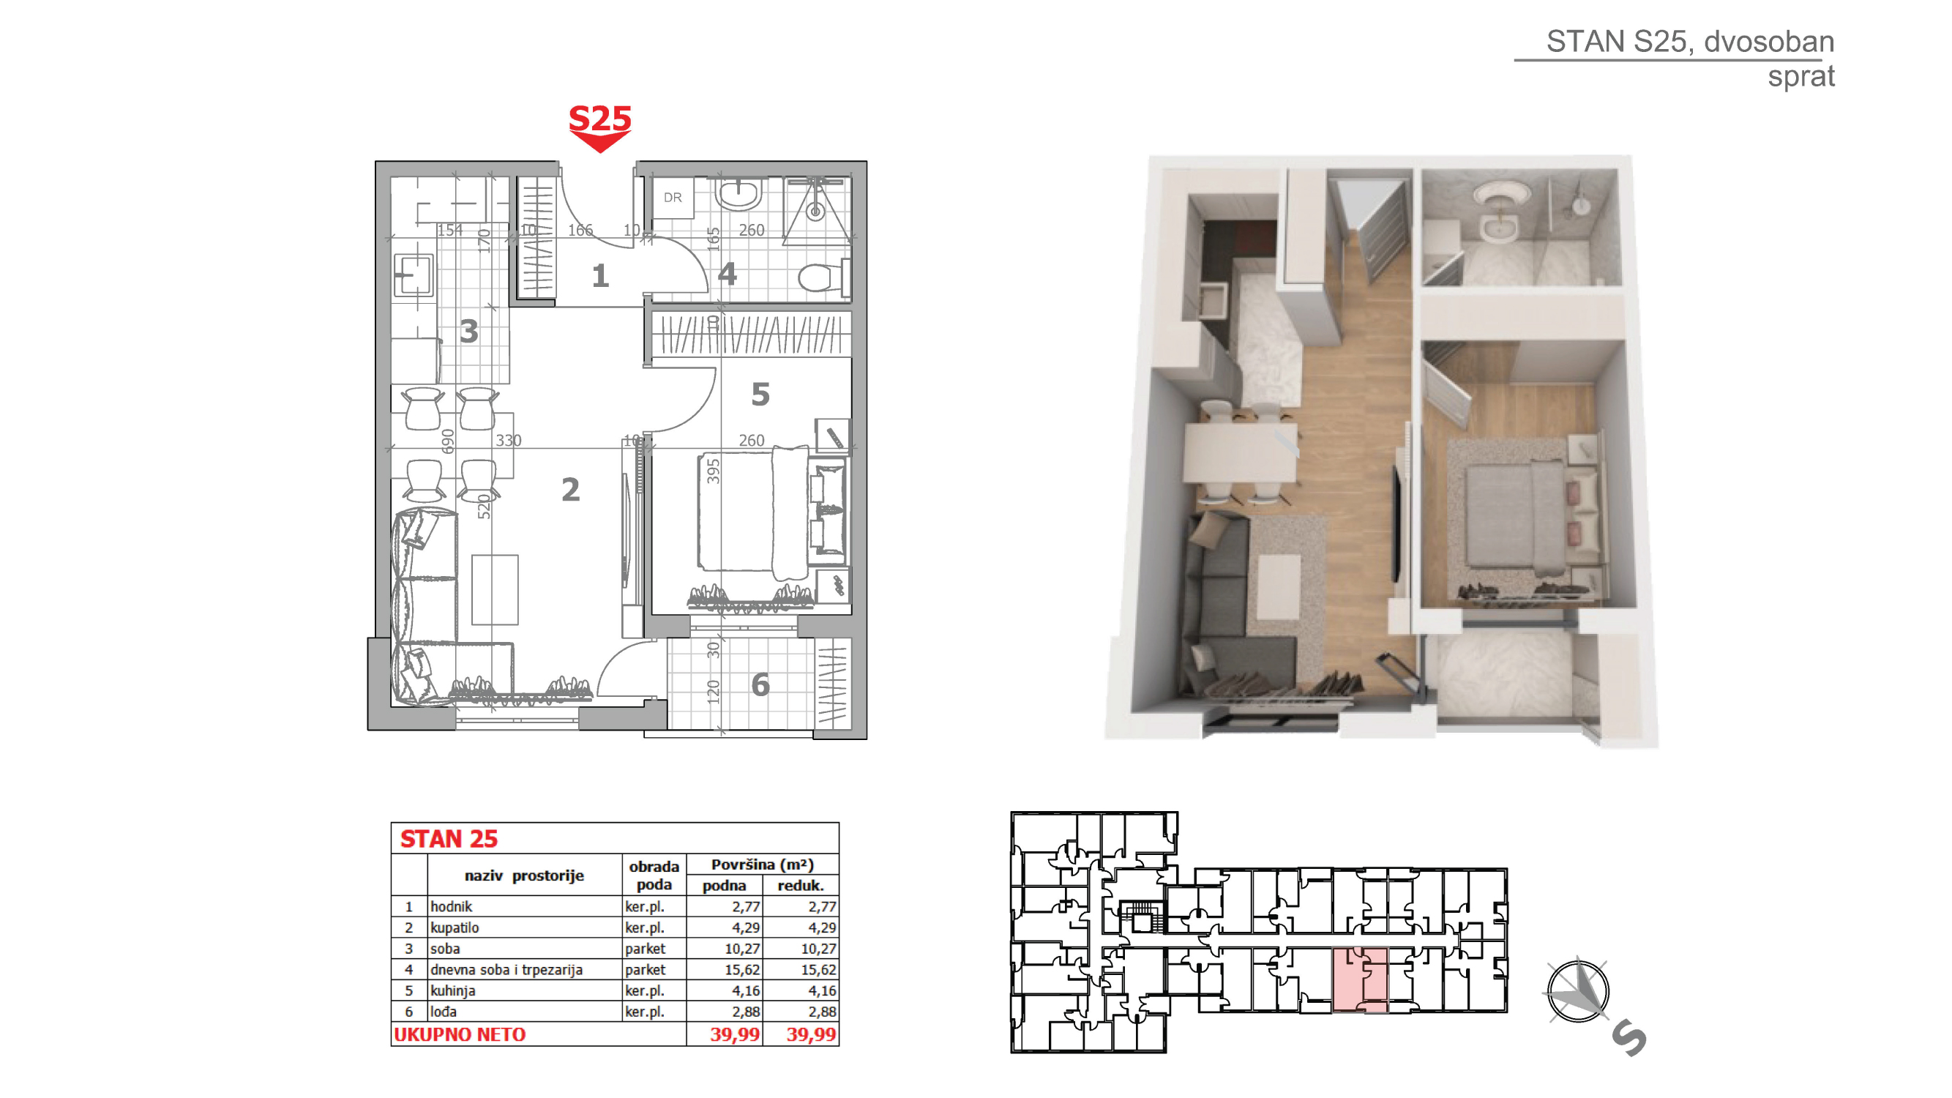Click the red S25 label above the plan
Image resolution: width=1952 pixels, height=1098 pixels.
coord(599,119)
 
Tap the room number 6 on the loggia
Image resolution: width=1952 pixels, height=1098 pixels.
coord(760,685)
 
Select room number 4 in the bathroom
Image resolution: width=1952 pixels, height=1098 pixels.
coord(728,274)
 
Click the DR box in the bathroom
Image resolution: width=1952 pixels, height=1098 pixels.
coord(673,198)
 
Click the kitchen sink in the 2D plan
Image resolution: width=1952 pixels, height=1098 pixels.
coord(414,274)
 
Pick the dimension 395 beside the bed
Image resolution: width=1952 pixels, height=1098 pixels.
coord(712,471)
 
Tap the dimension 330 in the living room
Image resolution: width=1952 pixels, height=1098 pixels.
coord(509,440)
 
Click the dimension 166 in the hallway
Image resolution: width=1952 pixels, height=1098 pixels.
coord(580,230)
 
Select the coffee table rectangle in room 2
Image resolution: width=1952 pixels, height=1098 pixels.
coord(495,589)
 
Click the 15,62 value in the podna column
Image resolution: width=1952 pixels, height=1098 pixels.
coord(742,969)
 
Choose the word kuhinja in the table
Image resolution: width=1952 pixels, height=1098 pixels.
coord(452,990)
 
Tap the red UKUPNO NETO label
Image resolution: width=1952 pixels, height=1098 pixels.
coord(459,1034)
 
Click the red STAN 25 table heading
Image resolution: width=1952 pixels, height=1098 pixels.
coord(449,839)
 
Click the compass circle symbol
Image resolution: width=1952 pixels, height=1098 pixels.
coord(1577,991)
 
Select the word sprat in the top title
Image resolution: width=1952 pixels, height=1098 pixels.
coord(1800,78)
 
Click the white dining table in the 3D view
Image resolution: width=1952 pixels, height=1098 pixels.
coord(1240,452)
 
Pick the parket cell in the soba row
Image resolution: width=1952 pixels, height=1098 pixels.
coord(645,949)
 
